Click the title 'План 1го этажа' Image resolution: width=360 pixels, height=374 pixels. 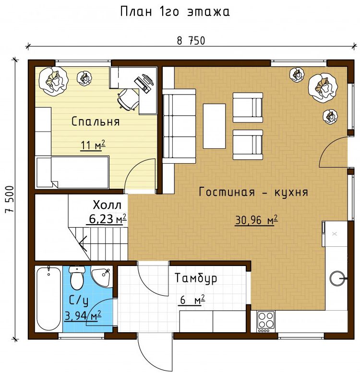[x=175, y=12]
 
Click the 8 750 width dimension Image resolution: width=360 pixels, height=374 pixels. [x=191, y=41]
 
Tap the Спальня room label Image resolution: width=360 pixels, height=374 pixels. [x=96, y=121]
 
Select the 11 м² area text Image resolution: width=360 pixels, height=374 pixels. [x=93, y=145]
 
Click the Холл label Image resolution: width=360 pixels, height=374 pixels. [x=107, y=205]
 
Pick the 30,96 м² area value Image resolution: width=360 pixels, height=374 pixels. [x=256, y=220]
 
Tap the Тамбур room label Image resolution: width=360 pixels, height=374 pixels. [x=196, y=278]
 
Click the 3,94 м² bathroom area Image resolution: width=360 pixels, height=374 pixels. [x=83, y=316]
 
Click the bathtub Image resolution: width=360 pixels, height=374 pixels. [x=48, y=299]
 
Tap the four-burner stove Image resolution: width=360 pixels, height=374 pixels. [x=266, y=321]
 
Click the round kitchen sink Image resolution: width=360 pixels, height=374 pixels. [x=338, y=278]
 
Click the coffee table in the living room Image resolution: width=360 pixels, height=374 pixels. [x=214, y=126]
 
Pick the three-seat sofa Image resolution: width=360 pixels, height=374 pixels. [x=179, y=126]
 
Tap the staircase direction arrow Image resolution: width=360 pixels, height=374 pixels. [x=83, y=243]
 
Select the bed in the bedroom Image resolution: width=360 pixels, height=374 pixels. [x=72, y=172]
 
